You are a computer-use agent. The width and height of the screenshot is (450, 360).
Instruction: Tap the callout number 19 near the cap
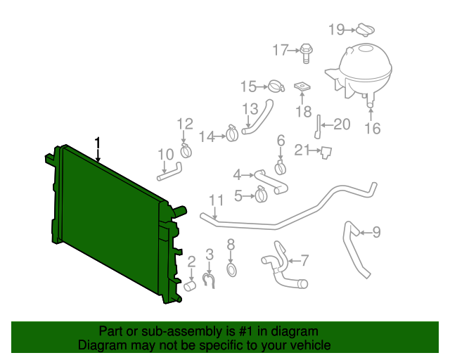click(x=337, y=29)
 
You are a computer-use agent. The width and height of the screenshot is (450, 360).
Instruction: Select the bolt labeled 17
click(x=307, y=50)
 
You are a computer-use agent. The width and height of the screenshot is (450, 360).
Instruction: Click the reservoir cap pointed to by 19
click(x=364, y=30)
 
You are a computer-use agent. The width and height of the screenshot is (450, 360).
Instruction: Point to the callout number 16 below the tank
click(x=372, y=129)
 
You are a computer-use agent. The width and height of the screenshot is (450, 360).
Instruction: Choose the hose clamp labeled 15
click(x=274, y=87)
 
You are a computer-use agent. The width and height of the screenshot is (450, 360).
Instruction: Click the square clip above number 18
click(x=302, y=87)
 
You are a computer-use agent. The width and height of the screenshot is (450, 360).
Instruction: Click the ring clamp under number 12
click(x=187, y=150)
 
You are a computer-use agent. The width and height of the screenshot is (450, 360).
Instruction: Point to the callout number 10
click(x=165, y=154)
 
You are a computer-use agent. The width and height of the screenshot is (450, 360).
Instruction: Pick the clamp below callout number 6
click(x=281, y=167)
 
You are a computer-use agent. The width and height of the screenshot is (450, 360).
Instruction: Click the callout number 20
click(x=342, y=125)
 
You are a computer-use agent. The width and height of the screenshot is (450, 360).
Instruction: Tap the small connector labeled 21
click(x=326, y=151)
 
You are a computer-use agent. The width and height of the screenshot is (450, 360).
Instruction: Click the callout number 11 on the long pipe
click(x=215, y=200)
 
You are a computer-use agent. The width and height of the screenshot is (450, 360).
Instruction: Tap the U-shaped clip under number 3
click(x=209, y=280)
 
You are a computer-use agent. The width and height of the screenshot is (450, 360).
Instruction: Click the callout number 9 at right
click(x=376, y=231)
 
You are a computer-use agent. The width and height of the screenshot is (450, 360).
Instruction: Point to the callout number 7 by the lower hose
click(x=304, y=260)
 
